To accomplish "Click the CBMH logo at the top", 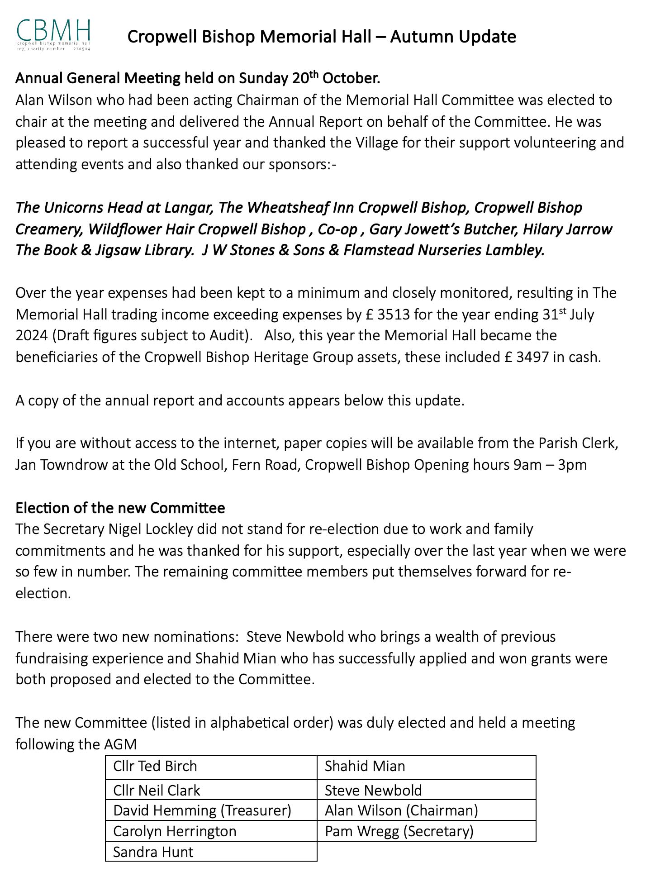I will coord(53,34).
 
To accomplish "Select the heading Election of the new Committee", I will coord(120,508).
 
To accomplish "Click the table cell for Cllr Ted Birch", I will coord(211,766).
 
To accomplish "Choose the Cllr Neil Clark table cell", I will coord(211,790).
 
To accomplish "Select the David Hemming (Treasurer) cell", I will coord(211,810).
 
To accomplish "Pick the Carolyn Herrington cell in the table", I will coord(211,831).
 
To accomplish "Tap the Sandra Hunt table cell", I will coord(211,852).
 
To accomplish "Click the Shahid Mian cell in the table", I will coord(426,766).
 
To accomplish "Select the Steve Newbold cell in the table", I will coord(426,790).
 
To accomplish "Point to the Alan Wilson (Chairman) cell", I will coord(426,810).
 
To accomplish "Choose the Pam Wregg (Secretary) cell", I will coord(426,831).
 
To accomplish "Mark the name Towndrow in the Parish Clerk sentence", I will coord(82,465).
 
